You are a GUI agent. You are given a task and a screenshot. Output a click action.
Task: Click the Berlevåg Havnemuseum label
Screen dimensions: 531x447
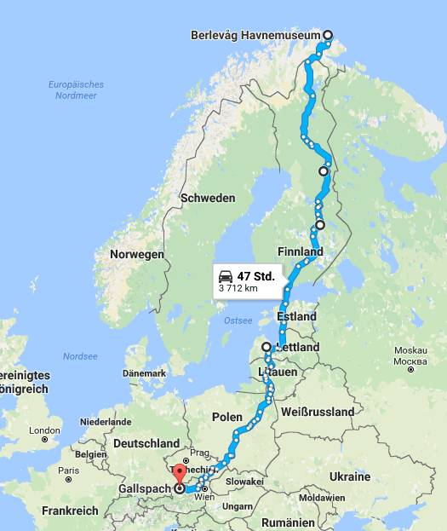[257, 35]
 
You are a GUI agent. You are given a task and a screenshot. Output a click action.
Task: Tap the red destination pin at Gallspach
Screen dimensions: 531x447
[179, 474]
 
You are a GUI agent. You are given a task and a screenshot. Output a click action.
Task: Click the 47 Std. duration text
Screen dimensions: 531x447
[255, 275]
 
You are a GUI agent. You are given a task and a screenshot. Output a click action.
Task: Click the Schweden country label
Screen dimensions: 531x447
[207, 198]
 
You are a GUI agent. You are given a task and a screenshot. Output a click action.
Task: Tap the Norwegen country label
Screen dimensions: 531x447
[136, 255]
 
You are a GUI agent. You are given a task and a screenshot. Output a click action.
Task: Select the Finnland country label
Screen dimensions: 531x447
[300, 252]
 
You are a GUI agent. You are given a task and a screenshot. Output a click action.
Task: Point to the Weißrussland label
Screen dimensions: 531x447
[317, 412]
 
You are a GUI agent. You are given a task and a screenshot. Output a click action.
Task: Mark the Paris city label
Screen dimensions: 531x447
[69, 470]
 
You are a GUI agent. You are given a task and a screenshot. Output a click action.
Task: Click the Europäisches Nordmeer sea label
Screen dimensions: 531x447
[76, 89]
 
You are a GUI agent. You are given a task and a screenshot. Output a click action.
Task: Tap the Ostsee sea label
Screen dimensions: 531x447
[238, 321]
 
